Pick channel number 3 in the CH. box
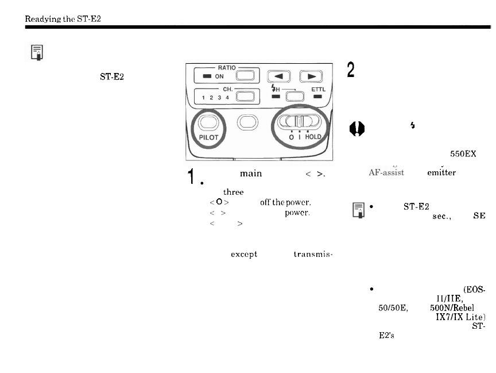(220, 98)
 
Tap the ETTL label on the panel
(318, 89)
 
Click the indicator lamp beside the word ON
(205, 76)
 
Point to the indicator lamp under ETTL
(318, 97)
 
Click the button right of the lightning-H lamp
(296, 96)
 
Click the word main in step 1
(251, 172)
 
